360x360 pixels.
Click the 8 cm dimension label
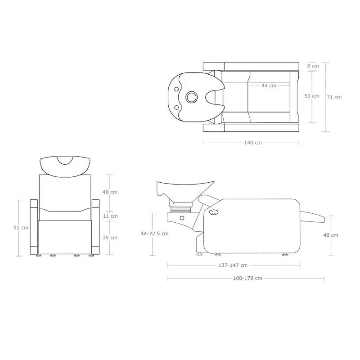313,66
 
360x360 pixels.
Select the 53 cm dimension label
311,96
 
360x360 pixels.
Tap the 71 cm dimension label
334,97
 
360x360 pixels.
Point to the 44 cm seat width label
269,85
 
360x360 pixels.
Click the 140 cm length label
253,143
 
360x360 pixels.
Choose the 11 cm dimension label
110,216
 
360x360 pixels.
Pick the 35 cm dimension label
110,238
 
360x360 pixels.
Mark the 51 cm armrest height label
21,228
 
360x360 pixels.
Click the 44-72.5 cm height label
154,234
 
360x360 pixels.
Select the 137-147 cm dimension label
233,265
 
